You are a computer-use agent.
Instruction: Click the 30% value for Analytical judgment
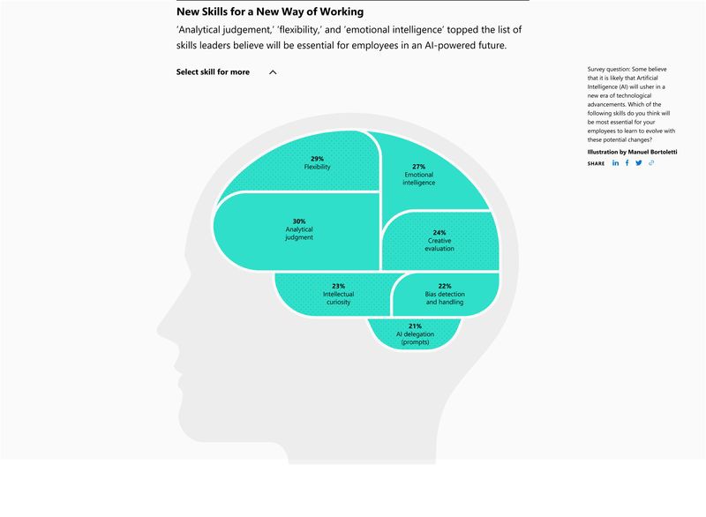(x=299, y=221)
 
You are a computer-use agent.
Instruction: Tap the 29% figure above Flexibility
(x=317, y=159)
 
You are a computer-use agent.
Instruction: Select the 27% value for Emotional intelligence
(x=418, y=167)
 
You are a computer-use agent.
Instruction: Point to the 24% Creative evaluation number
(x=439, y=233)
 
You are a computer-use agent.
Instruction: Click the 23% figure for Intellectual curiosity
(x=339, y=286)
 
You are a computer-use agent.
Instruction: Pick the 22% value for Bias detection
(x=445, y=286)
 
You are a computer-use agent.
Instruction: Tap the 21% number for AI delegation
(x=415, y=326)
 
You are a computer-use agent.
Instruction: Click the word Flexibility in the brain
(x=318, y=167)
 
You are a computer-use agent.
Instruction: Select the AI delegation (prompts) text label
(x=415, y=339)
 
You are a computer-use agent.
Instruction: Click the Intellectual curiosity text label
(x=339, y=298)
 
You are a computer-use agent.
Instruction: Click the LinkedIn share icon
(x=615, y=163)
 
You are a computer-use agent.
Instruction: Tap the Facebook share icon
(x=627, y=163)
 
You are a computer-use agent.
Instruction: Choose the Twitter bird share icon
(x=639, y=163)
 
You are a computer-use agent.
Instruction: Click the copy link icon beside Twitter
(x=651, y=163)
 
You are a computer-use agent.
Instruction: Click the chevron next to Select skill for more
(x=273, y=72)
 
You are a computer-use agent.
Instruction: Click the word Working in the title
(x=342, y=11)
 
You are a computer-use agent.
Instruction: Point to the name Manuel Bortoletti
(x=652, y=152)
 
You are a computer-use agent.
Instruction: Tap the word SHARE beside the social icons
(x=596, y=163)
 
